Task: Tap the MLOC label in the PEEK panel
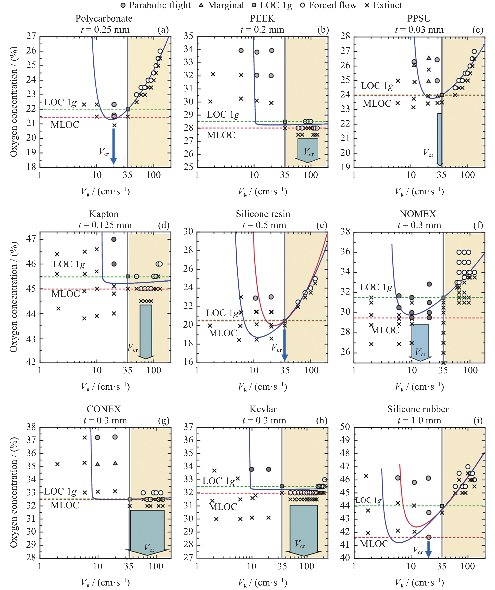click(221, 135)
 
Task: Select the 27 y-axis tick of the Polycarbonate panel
click(31, 36)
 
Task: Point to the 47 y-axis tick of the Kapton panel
click(31, 239)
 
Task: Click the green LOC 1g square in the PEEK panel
click(285, 122)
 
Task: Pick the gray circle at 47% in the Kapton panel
click(114, 239)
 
